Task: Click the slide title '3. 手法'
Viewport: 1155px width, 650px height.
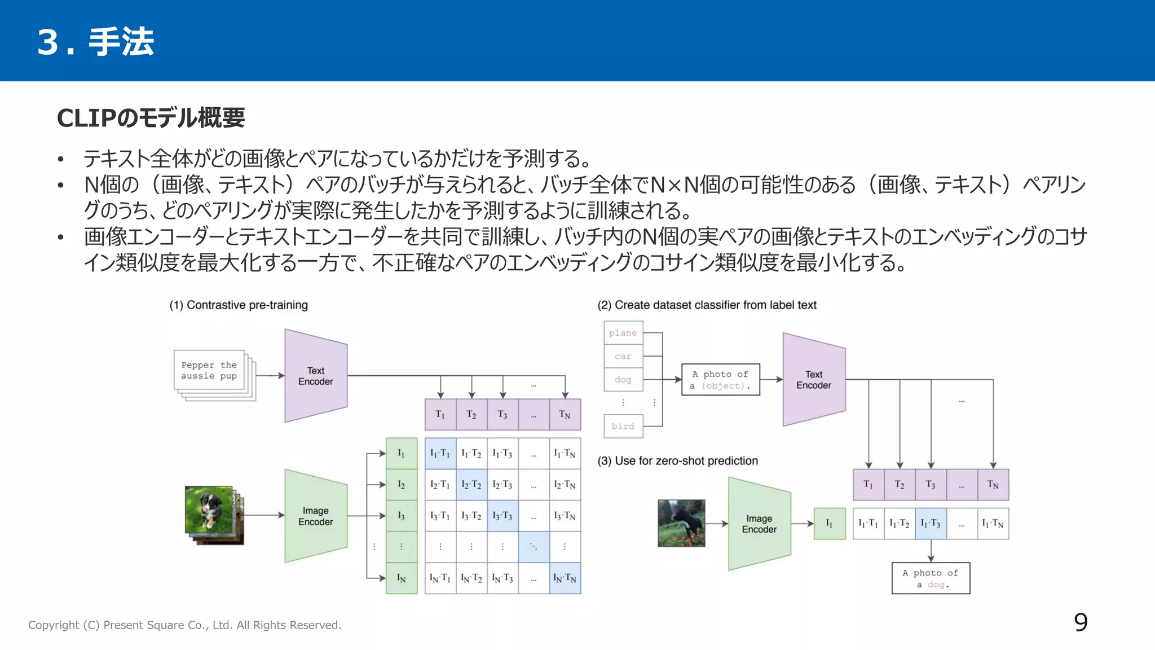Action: (96, 42)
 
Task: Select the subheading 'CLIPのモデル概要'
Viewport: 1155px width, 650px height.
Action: (151, 118)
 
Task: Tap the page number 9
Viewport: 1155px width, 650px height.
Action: (1081, 622)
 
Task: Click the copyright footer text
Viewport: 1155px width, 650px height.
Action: (185, 625)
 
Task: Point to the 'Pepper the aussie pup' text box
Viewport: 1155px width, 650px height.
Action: (209, 370)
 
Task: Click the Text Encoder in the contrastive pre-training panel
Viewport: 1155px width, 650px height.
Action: (316, 376)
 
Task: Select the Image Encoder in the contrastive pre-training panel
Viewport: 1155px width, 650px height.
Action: (316, 516)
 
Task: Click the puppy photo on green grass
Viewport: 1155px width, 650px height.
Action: (209, 510)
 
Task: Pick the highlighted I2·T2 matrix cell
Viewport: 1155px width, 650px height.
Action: (471, 485)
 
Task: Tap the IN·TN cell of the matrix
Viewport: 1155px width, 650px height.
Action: (565, 578)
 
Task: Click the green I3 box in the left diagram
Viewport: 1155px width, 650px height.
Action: (402, 516)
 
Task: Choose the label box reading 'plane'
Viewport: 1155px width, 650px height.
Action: (623, 333)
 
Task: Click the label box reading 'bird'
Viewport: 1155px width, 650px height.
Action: (623, 426)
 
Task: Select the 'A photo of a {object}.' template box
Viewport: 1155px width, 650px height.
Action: (721, 380)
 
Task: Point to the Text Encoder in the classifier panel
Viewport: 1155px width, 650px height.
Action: (814, 380)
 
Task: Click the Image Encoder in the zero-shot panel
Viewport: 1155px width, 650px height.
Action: (759, 524)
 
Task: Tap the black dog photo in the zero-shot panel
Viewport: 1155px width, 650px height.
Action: (681, 523)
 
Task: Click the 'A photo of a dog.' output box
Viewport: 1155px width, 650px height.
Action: (931, 578)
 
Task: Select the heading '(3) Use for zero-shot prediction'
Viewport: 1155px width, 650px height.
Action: (678, 461)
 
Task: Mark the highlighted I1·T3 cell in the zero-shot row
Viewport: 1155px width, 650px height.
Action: (931, 524)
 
